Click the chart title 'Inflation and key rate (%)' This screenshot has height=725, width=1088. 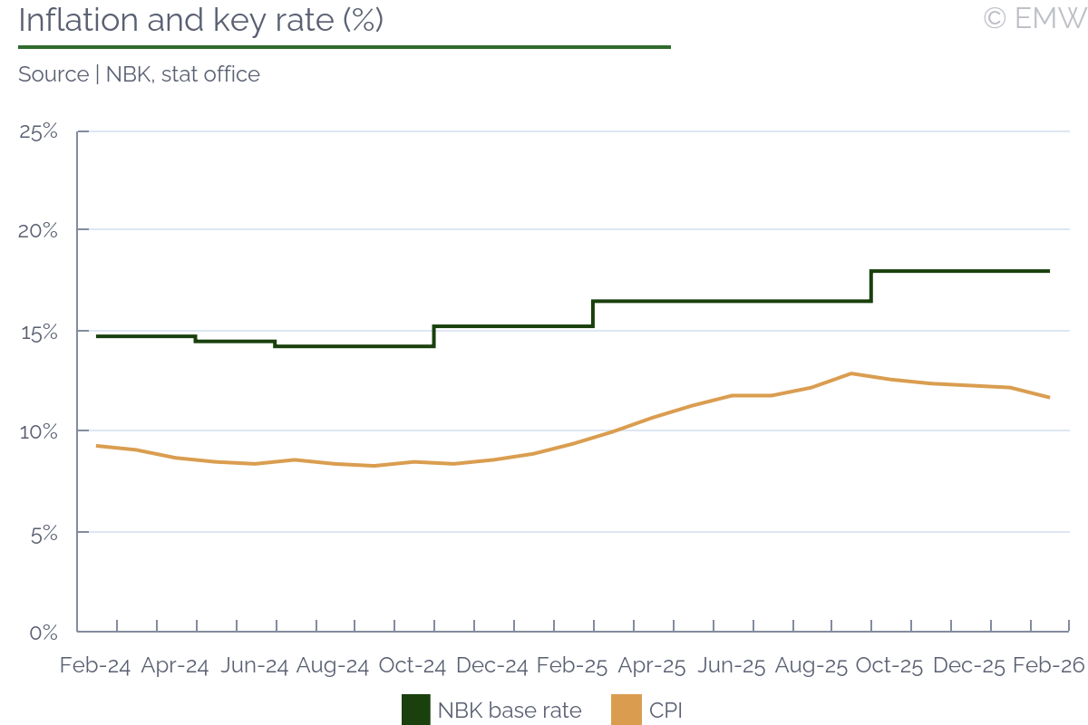tap(200, 20)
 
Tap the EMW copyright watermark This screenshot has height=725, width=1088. tap(1034, 18)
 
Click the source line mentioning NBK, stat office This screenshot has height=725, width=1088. tap(139, 74)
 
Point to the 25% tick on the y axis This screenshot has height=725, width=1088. tap(39, 132)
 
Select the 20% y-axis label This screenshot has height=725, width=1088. tap(39, 230)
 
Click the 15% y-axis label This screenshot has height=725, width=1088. tap(39, 332)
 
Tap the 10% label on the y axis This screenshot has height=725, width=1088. tap(39, 431)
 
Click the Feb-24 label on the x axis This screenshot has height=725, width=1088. tap(95, 666)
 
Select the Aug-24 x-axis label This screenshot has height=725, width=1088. tap(333, 666)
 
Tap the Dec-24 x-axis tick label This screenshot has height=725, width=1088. tap(491, 666)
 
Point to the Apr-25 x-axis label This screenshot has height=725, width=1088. tap(651, 666)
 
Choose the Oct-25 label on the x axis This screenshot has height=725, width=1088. tap(889, 666)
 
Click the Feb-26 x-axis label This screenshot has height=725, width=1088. tap(1048, 666)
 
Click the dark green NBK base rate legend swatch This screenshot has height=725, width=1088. tap(415, 710)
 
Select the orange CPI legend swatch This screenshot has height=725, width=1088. tap(627, 710)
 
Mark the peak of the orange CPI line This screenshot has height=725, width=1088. tap(851, 373)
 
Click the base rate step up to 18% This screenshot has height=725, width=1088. tap(871, 285)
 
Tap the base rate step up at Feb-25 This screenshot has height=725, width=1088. tap(593, 314)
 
